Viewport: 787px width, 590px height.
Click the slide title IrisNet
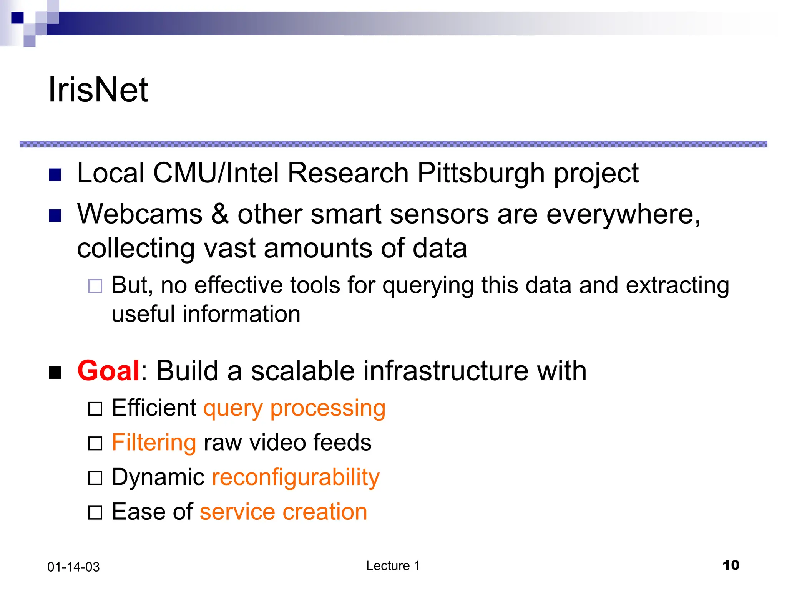(98, 90)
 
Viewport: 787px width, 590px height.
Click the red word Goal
(108, 371)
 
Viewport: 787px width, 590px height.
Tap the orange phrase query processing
(294, 408)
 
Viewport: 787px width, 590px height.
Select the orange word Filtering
(154, 442)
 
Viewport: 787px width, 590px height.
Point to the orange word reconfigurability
(296, 477)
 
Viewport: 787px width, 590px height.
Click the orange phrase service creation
(283, 512)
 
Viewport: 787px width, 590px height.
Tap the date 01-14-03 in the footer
(73, 567)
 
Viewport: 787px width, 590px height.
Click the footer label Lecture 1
(393, 566)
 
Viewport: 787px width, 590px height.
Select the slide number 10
(731, 565)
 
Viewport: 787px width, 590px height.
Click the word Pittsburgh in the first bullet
(481, 173)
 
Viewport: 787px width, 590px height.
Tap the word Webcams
(140, 214)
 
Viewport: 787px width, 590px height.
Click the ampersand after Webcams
(220, 214)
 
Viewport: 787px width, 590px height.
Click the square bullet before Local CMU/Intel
(55, 175)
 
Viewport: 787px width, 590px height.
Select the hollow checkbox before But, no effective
(95, 286)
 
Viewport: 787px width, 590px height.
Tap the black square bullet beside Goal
(55, 372)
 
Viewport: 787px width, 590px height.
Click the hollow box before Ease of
(95, 513)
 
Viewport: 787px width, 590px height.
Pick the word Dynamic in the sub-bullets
(158, 477)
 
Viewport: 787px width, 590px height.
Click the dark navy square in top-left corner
(17, 18)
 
